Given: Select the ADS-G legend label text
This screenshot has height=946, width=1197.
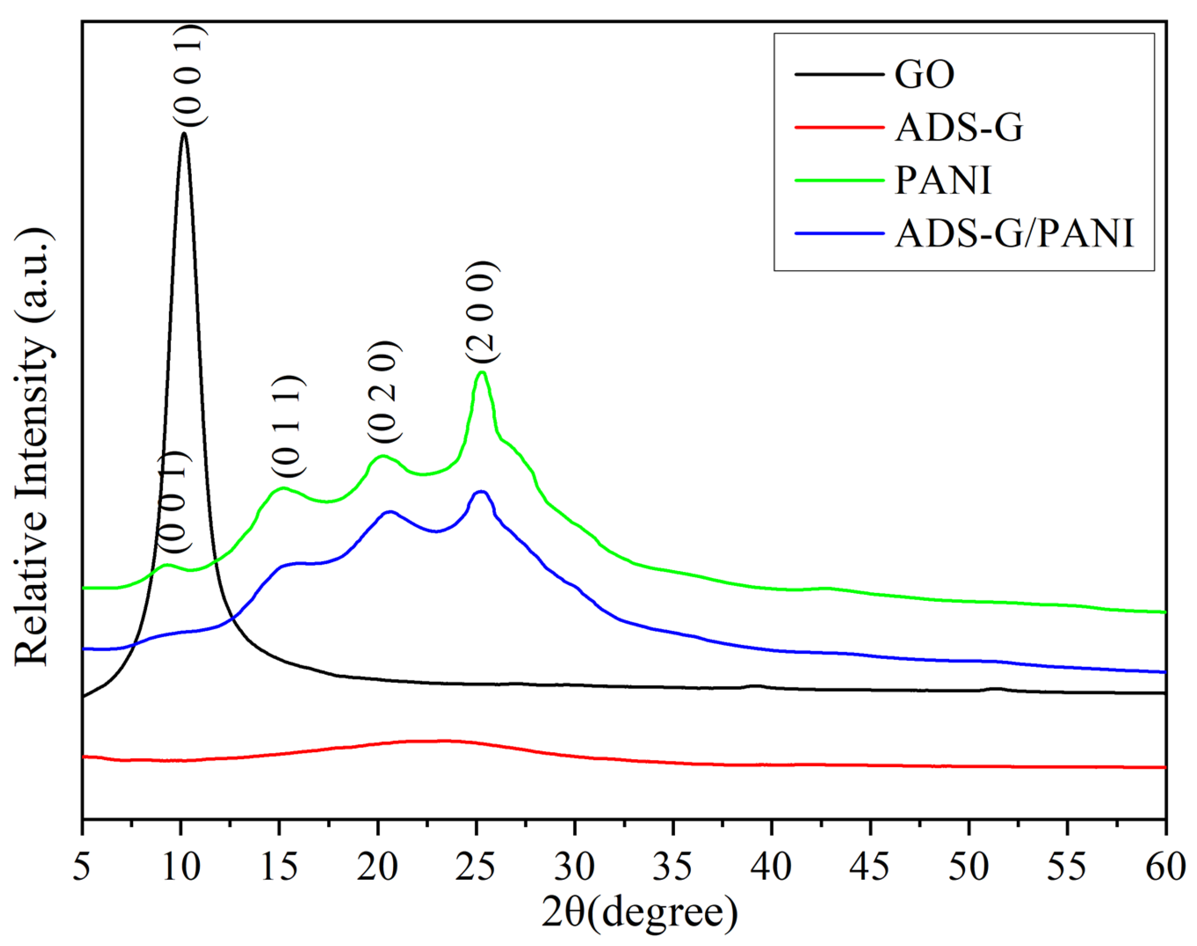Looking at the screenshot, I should coord(958,128).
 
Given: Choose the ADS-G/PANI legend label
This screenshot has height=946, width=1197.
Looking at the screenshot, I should coord(1014,233).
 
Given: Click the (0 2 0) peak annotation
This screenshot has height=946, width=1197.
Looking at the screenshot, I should coord(383,391).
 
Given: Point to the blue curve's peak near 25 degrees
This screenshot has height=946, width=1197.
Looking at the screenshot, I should coord(480,491).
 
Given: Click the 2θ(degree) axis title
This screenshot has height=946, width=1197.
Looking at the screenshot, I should coord(640,912).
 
